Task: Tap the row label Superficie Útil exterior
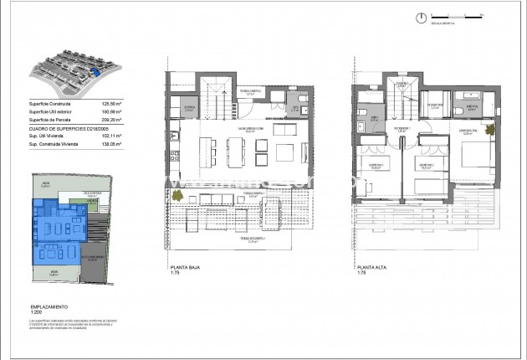point(49,112)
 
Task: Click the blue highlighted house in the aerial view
point(94,73)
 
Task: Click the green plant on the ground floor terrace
point(177,197)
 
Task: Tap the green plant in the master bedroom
point(489,130)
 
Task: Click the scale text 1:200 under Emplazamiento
point(36,313)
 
